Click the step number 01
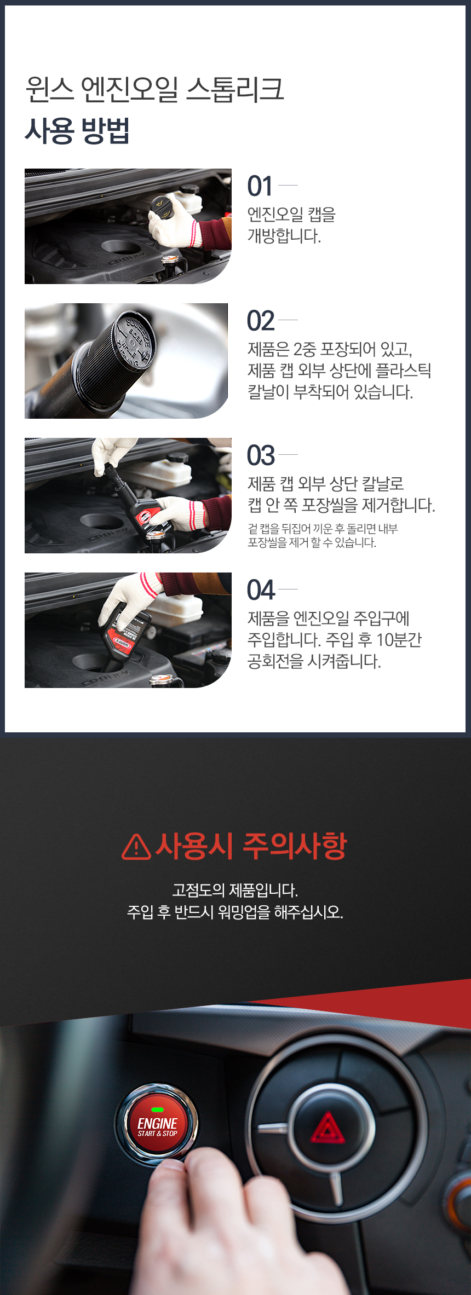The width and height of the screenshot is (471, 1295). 260,186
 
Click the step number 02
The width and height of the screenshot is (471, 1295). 261,321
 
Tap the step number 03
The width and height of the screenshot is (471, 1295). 261,455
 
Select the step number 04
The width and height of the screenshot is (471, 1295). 261,590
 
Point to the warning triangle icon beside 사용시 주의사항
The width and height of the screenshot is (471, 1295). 136,847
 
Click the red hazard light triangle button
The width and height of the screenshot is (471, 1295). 328,1128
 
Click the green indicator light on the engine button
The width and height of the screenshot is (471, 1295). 157,1109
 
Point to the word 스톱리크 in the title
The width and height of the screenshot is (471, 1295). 235,89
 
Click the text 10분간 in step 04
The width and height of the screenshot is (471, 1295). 399,640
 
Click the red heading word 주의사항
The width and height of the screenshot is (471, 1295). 295,846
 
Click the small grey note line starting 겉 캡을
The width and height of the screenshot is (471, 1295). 323,529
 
